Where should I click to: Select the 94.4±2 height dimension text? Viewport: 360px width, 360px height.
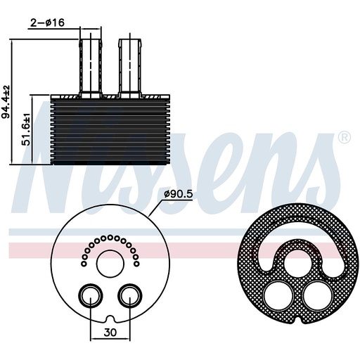[x=6, y=102]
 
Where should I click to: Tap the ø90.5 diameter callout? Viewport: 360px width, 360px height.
[x=179, y=194]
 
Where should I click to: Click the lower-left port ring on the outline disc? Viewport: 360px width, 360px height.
[x=88, y=297]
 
